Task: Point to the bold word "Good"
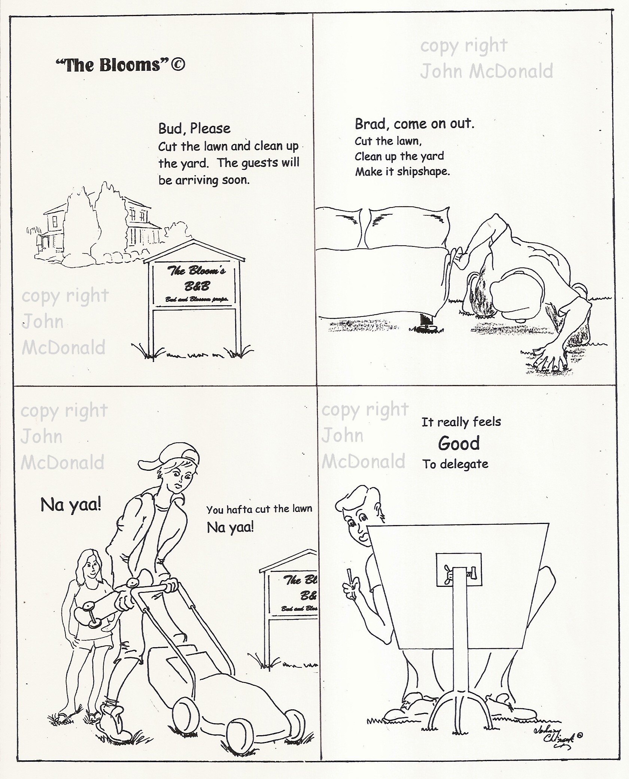459,443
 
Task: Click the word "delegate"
464,464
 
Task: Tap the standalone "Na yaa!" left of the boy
71,506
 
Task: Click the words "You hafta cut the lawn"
259,509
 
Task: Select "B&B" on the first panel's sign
197,286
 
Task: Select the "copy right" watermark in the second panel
464,46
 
